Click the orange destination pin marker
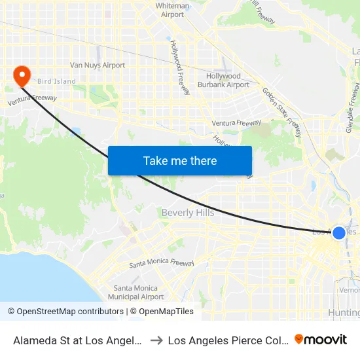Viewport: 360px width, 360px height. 22,75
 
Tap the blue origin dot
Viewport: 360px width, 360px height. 339,233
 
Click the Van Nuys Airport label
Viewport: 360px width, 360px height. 98,65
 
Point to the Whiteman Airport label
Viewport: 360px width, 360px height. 173,10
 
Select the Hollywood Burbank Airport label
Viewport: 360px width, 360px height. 223,81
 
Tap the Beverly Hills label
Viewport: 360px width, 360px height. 188,213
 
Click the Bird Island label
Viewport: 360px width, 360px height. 56,82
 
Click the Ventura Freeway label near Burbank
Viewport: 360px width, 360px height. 236,123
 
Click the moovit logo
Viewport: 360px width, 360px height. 321,339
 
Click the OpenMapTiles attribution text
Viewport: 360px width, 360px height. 162,312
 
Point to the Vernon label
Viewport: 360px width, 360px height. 350,290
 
